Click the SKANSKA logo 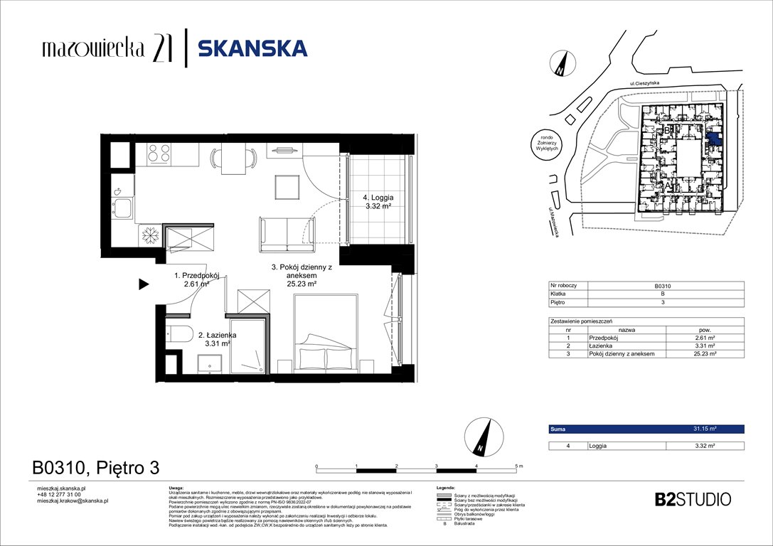pos(252,48)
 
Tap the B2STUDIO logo pos(692,499)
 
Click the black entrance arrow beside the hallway pos(143,285)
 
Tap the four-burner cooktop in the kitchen pos(159,152)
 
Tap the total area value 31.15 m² pos(703,429)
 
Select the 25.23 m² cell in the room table pos(703,353)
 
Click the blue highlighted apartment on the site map pos(713,139)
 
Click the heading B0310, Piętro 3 pos(96,468)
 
